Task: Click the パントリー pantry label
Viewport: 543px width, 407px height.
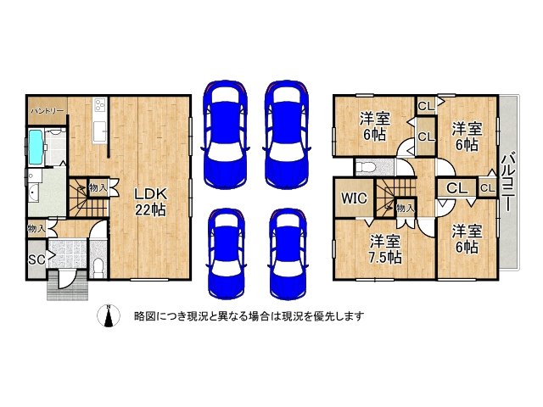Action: point(44,111)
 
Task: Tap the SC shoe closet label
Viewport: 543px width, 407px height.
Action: point(36,259)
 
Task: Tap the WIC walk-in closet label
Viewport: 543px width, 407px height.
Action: point(354,200)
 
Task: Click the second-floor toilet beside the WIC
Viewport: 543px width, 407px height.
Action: point(366,166)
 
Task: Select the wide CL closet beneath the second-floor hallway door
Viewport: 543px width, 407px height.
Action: point(456,187)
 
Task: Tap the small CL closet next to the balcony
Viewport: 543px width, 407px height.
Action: point(486,187)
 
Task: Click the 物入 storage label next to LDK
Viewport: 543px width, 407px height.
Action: point(98,187)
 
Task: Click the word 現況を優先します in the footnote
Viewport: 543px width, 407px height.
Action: point(326,316)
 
